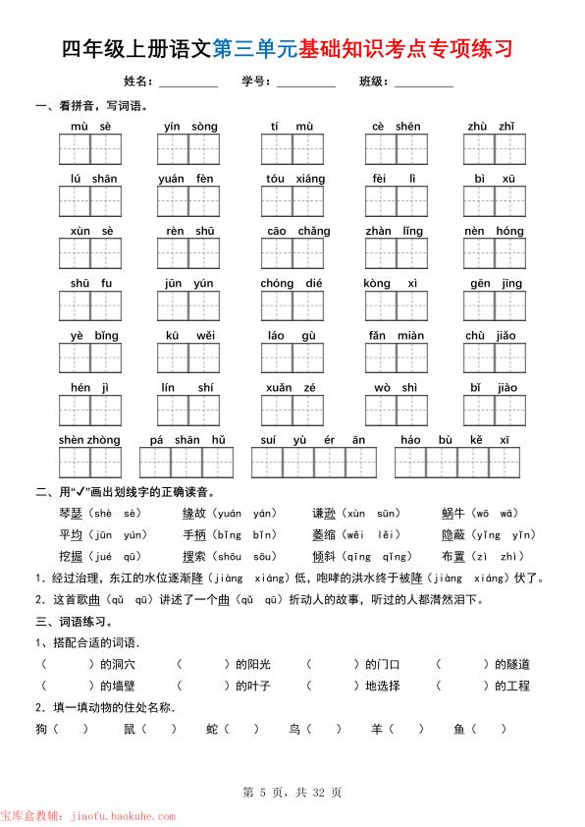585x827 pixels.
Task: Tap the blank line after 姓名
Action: pos(187,83)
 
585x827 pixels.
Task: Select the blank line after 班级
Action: pos(423,83)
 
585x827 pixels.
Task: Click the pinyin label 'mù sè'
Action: pos(91,127)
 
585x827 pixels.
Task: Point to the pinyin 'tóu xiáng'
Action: pos(294,179)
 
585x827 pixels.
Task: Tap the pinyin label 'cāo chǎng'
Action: pos(298,231)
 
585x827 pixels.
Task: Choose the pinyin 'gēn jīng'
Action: pos(496,284)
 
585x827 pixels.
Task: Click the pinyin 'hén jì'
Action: pos(89,388)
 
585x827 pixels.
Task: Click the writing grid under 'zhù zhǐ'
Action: pos(495,149)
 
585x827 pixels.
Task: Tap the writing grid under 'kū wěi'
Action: pos(189,358)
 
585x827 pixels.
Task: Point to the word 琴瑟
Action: pos(72,514)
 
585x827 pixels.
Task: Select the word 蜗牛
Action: pos(455,514)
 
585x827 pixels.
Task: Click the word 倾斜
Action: pos(326,556)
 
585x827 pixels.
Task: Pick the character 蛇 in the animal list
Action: pos(213,729)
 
